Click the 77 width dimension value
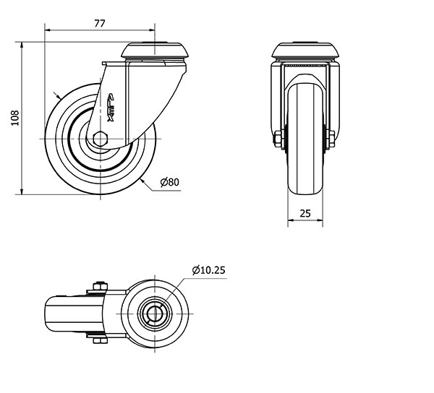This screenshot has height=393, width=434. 100,24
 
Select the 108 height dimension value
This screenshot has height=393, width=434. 15,118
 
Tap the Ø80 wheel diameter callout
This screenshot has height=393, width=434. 170,182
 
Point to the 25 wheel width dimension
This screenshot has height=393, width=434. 305,213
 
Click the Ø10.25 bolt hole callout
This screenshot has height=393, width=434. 209,270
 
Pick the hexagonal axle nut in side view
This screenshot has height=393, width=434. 100,139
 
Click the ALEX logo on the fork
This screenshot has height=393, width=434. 111,108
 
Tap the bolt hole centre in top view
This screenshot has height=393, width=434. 155,314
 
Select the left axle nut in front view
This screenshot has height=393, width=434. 277,139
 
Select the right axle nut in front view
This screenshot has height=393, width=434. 331,139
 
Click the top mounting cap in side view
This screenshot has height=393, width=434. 155,50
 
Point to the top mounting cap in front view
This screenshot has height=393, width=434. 305,50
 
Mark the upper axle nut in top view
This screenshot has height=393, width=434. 100,286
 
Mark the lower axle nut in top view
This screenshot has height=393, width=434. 100,340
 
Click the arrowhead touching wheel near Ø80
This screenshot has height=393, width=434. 142,181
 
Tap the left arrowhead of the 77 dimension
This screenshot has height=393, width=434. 48,30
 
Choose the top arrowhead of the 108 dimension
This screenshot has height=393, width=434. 22,46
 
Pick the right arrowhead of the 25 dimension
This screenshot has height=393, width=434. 320,220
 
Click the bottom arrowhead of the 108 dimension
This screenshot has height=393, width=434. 22,191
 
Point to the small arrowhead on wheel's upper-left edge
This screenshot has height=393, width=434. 59,97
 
